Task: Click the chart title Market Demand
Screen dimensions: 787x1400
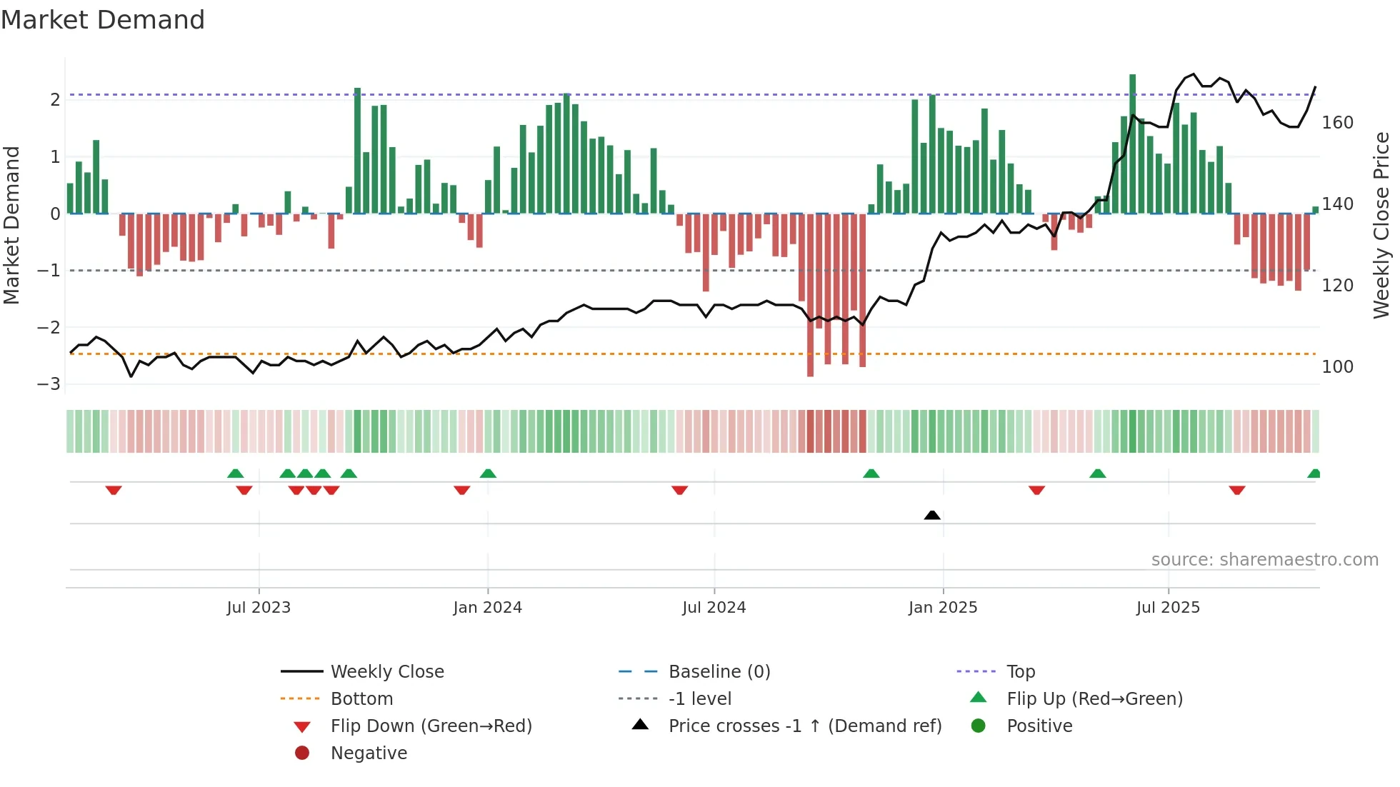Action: [103, 20]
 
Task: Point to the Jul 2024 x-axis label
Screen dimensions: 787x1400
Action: [714, 608]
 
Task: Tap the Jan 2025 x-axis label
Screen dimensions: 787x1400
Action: [942, 608]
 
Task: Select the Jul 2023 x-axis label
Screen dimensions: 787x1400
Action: [259, 608]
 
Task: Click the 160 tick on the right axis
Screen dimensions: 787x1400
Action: [1337, 123]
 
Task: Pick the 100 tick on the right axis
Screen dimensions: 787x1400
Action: [1337, 367]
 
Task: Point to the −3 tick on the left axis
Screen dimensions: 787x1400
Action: [49, 384]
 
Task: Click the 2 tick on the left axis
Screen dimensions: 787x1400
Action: [55, 100]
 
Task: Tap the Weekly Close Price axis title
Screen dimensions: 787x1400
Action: [1381, 225]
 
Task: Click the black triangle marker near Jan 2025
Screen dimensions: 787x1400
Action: [931, 515]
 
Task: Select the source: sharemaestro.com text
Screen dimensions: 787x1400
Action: [1264, 560]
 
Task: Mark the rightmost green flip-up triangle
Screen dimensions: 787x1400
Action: [1314, 473]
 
